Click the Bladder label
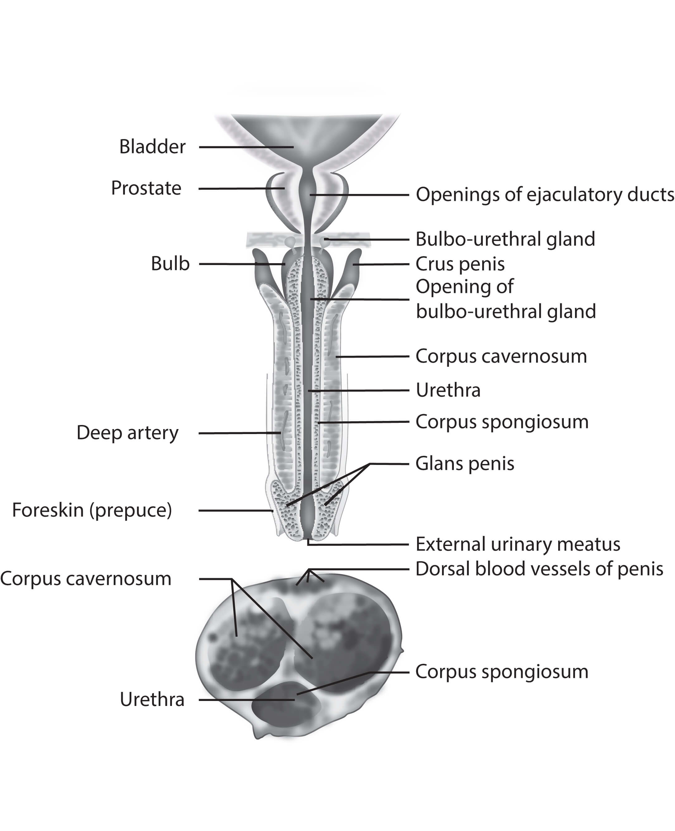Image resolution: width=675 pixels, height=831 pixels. point(152,147)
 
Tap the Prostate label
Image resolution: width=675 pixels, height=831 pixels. point(146,188)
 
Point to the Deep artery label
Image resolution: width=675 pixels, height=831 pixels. point(127,433)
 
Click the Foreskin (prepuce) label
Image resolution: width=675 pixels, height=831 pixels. point(92,510)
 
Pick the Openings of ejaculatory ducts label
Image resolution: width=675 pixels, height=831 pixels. point(545,195)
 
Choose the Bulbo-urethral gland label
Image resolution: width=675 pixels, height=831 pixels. point(505,239)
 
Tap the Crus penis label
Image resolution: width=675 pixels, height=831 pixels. point(460,264)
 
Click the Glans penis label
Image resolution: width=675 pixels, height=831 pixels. point(465,464)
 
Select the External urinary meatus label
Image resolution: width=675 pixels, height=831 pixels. point(517,544)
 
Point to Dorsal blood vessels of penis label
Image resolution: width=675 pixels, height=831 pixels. point(539,569)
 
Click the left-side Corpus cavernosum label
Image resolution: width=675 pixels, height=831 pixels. point(86,578)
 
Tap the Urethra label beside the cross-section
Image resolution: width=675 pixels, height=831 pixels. point(152,699)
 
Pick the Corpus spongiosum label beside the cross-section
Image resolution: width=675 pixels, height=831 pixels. point(501,671)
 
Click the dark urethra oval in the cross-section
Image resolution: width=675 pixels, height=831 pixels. point(286,704)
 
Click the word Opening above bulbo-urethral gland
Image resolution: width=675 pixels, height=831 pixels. point(465,287)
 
